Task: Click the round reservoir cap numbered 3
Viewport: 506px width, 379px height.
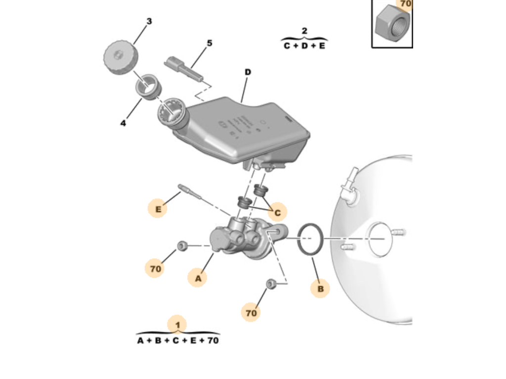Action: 121,58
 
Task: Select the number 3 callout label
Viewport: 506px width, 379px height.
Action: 149,21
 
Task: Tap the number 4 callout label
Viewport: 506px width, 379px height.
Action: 123,123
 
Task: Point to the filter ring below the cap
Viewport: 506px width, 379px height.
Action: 148,86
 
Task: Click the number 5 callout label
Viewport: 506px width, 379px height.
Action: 210,43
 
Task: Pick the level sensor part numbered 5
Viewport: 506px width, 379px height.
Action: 184,69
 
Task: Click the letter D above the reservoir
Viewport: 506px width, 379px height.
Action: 248,72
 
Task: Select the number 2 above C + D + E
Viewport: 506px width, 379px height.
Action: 304,31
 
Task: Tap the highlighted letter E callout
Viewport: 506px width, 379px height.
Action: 158,209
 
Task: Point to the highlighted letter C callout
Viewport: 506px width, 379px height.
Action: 277,212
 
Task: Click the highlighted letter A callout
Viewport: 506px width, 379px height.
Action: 198,278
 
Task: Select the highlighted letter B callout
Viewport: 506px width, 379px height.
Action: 320,288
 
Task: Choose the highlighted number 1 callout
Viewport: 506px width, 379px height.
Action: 177,325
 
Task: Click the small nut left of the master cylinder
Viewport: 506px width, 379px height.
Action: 182,246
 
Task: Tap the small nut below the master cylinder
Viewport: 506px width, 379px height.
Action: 271,284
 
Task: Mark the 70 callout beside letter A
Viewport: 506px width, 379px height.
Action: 155,268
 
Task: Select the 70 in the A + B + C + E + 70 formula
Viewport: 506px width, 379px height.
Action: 213,341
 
